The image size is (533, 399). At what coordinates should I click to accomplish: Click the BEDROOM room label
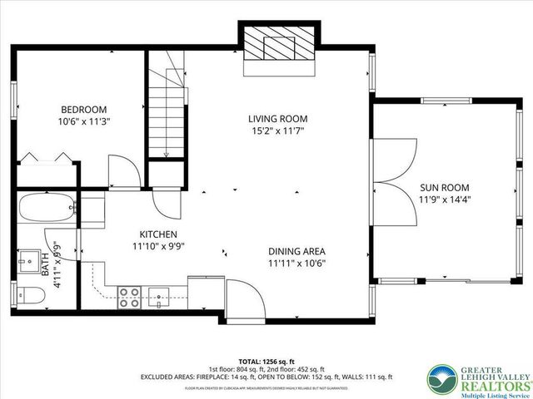[x=83, y=109]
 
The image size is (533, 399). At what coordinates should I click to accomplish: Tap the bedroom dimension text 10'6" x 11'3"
[x=83, y=121]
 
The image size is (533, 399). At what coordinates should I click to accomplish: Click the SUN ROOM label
[x=440, y=187]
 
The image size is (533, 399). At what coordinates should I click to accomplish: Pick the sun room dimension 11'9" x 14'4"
[x=440, y=199]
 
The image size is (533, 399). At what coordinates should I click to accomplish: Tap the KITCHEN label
[x=158, y=234]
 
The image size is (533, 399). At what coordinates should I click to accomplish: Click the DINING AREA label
[x=296, y=252]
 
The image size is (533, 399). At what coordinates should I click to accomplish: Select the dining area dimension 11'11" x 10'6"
[x=296, y=264]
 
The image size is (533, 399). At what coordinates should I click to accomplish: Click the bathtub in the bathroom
[x=47, y=210]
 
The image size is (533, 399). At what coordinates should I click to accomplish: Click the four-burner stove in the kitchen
[x=128, y=297]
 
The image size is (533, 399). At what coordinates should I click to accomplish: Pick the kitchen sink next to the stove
[x=160, y=296]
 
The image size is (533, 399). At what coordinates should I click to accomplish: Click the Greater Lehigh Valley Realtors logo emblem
[x=441, y=379]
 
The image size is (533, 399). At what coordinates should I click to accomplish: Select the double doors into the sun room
[x=398, y=180]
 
